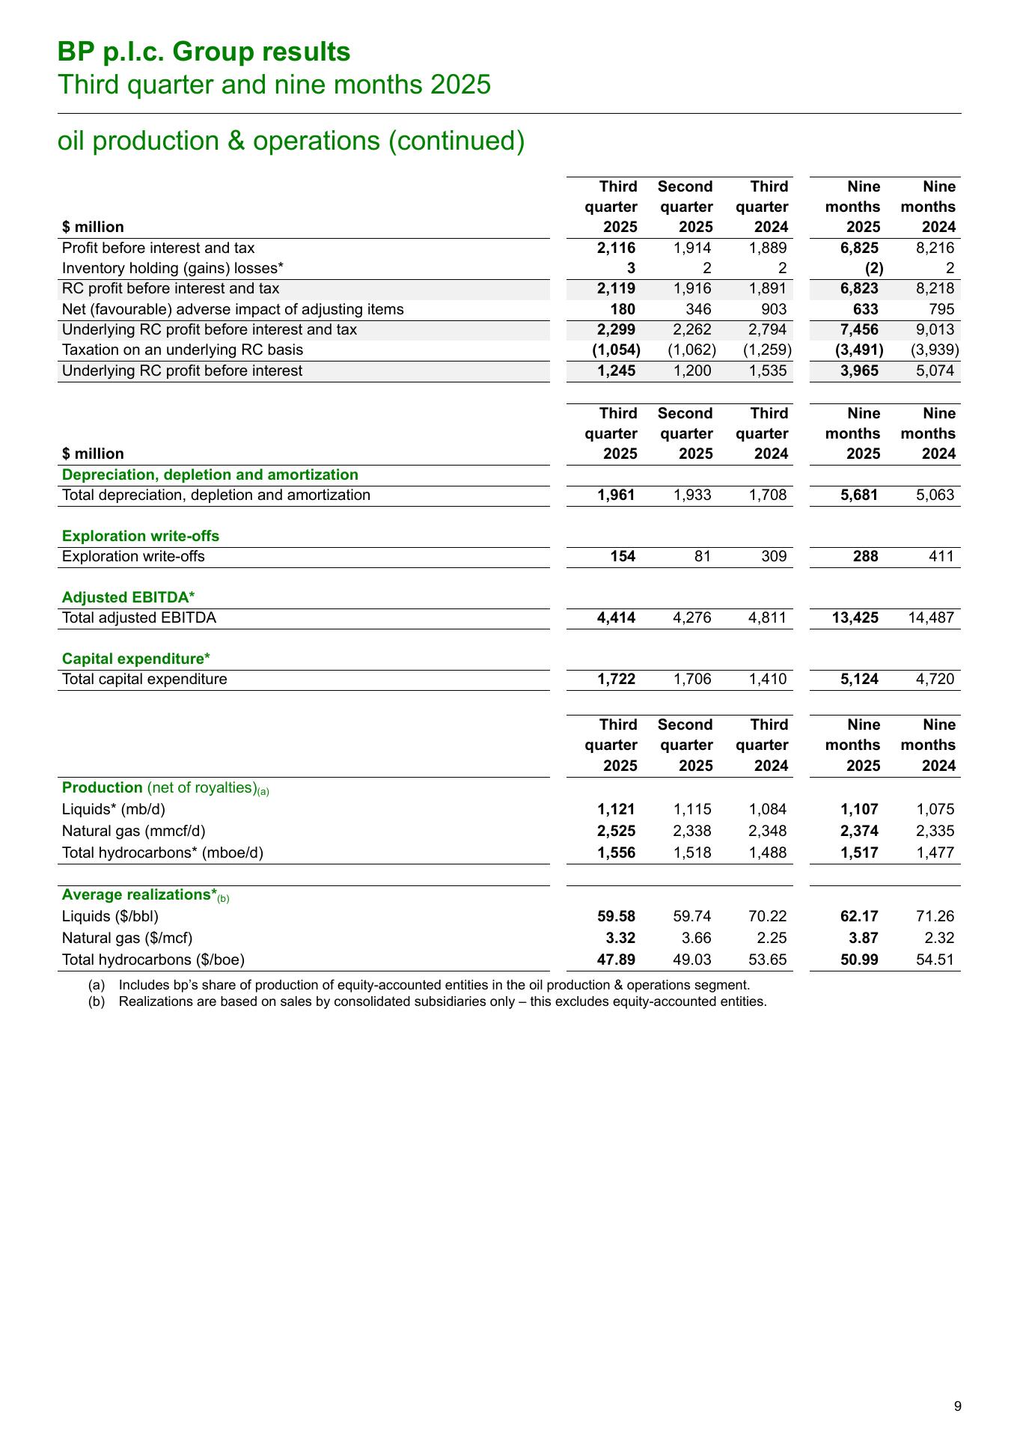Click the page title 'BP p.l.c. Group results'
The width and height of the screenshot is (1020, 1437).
pos(204,52)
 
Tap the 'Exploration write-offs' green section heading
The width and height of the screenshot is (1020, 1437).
pos(141,536)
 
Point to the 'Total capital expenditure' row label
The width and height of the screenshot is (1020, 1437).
pos(144,679)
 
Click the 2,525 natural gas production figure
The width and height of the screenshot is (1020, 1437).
pos(617,831)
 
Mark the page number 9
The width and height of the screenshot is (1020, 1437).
pos(958,1406)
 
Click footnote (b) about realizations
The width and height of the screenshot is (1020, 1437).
pos(442,1001)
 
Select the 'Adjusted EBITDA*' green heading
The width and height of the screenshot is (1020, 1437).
pos(128,597)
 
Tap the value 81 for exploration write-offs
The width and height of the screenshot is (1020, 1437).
pos(702,556)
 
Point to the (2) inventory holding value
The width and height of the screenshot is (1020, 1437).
pos(874,269)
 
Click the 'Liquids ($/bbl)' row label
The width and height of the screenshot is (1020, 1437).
pos(111,916)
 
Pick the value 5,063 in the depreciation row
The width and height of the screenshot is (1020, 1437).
pos(935,495)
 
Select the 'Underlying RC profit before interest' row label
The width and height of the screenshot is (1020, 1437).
pos(183,370)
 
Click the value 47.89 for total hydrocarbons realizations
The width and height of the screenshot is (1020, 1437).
pos(617,959)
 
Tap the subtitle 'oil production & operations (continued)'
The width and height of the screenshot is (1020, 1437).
pos(291,141)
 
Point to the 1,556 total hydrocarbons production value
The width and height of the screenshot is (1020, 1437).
pos(617,852)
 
